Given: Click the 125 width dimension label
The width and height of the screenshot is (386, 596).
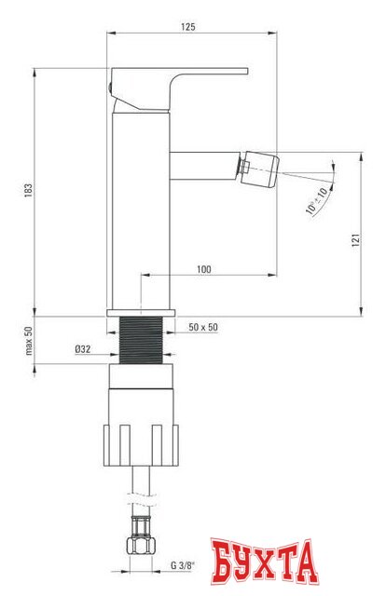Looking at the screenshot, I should tap(186, 27).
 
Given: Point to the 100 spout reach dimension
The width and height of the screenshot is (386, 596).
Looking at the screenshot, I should tap(204, 269).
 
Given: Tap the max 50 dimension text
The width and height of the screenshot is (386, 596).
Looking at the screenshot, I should tap(28, 343).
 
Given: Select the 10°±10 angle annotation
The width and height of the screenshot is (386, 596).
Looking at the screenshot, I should tap(317, 199).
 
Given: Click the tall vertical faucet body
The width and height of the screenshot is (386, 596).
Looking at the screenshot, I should tap(140, 205).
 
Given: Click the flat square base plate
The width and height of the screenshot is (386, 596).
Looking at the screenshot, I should tap(140, 312).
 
